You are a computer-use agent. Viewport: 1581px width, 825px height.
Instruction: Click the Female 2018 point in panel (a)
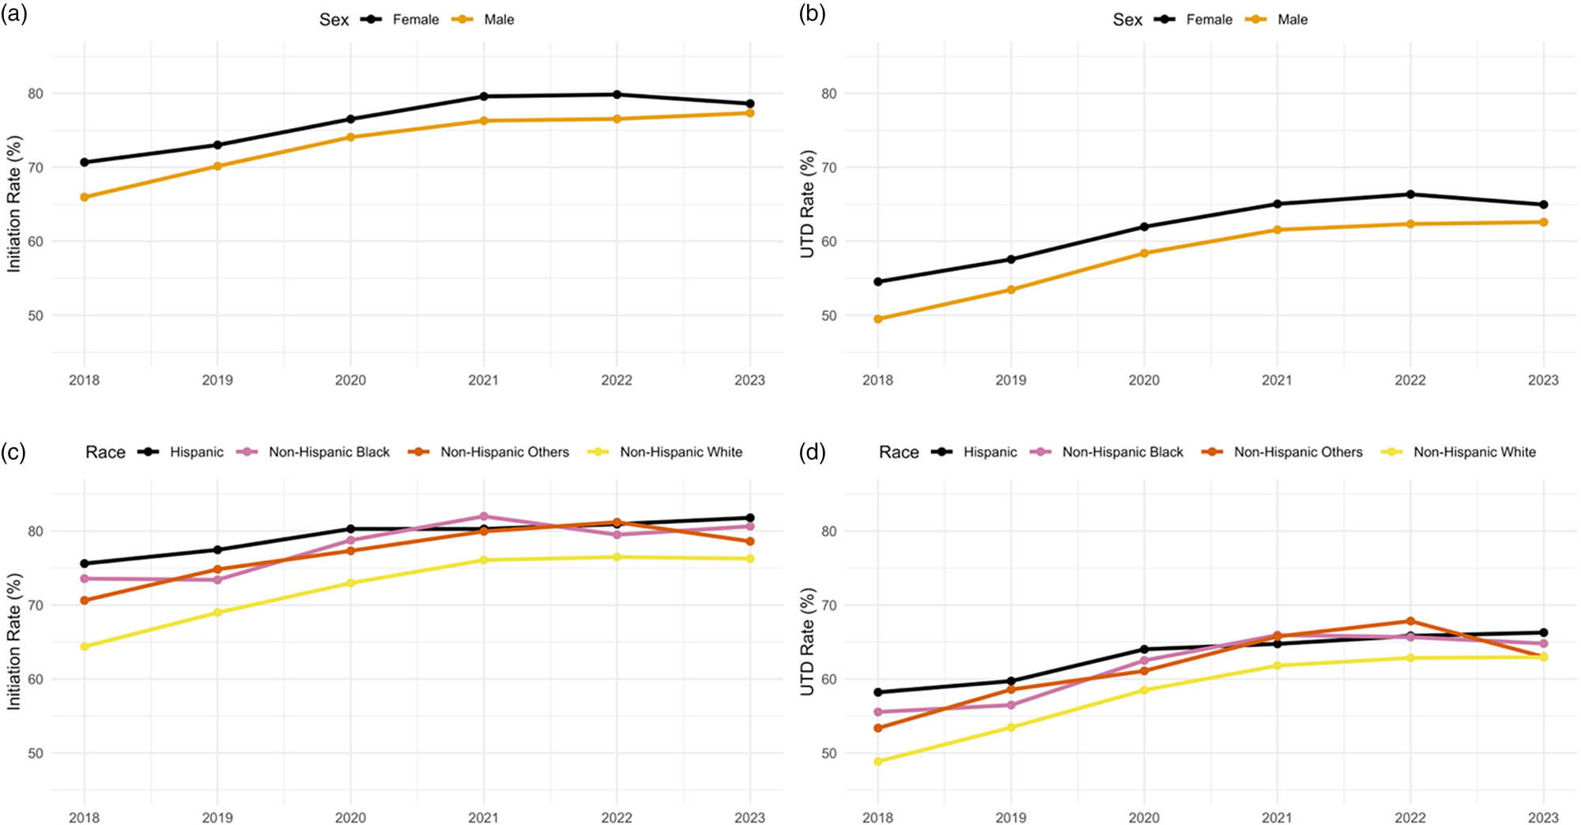point(85,162)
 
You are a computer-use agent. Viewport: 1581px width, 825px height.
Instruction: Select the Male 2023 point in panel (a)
point(749,113)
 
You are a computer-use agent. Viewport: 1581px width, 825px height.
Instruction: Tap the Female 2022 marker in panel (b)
point(1410,194)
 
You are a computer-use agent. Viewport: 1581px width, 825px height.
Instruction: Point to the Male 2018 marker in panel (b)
point(878,319)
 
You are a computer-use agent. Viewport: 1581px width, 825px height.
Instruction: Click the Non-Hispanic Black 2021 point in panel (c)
point(484,516)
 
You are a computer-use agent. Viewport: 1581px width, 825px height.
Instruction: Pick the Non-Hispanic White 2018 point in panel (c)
point(85,646)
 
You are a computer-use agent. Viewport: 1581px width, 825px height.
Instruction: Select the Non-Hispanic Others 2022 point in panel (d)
point(1410,621)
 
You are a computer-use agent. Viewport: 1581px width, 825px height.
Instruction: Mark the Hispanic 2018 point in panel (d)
point(878,692)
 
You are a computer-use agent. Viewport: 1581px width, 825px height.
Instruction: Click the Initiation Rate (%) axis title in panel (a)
point(14,204)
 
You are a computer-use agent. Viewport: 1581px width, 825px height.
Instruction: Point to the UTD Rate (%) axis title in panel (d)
point(807,642)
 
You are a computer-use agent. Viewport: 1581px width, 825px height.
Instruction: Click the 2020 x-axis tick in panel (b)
point(1144,380)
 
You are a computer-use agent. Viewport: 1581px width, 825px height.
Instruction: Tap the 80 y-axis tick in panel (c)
point(36,531)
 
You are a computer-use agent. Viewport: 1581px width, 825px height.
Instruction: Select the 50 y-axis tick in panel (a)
point(36,315)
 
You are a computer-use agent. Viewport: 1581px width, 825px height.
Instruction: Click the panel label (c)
point(13,452)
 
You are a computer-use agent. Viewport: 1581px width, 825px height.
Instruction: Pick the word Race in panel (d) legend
point(899,452)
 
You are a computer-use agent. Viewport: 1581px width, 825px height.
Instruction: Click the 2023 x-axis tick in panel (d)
point(1543,817)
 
